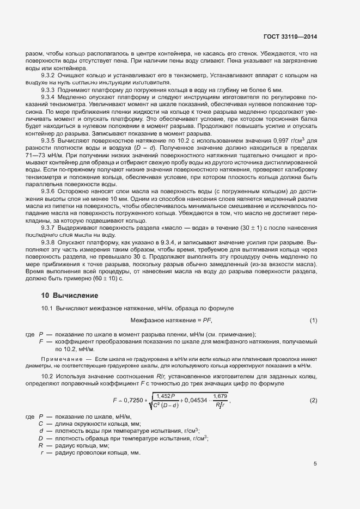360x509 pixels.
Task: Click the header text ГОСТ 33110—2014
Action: pos(290,36)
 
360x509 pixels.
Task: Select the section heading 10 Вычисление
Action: pos(70,296)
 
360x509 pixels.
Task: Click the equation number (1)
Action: pos(314,321)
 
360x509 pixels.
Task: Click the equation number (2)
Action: pos(314,401)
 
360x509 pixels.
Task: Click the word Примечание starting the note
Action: pos(60,360)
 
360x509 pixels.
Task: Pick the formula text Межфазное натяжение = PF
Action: pos(171,321)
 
